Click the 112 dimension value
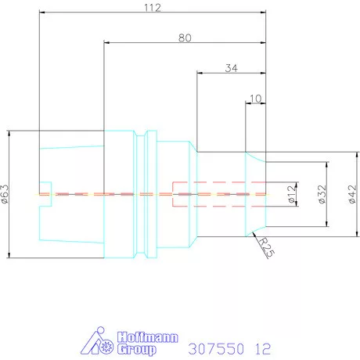coord(152,8)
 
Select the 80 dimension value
coord(185,37)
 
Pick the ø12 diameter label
coord(291,192)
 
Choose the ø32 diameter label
coord(321,193)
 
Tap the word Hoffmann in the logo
coord(148,338)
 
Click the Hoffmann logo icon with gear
coord(99,342)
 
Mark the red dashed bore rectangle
coord(219,193)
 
